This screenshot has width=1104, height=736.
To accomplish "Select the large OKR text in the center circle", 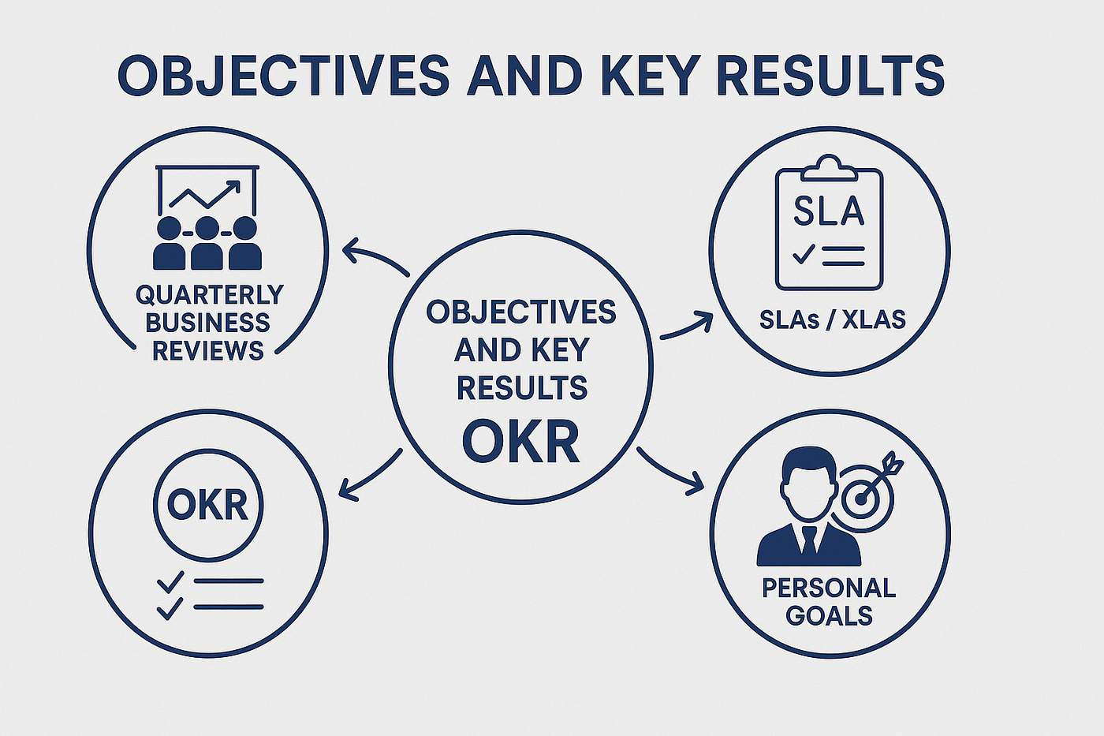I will click(x=520, y=442).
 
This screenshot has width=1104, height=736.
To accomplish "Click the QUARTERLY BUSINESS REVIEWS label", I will click(x=208, y=322).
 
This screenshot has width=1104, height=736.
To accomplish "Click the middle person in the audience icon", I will click(x=207, y=244).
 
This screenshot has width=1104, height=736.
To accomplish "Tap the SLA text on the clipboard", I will click(x=829, y=211).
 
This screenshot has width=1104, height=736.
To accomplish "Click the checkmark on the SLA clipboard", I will click(x=804, y=254).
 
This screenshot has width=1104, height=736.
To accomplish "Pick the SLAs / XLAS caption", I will click(x=833, y=319).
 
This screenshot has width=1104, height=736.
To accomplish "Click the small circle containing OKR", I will click(x=208, y=505).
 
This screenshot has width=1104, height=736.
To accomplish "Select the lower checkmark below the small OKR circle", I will click(x=170, y=608).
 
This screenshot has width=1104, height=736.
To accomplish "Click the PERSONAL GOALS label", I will click(x=829, y=601).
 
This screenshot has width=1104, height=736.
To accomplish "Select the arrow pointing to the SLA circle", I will click(x=687, y=326).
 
